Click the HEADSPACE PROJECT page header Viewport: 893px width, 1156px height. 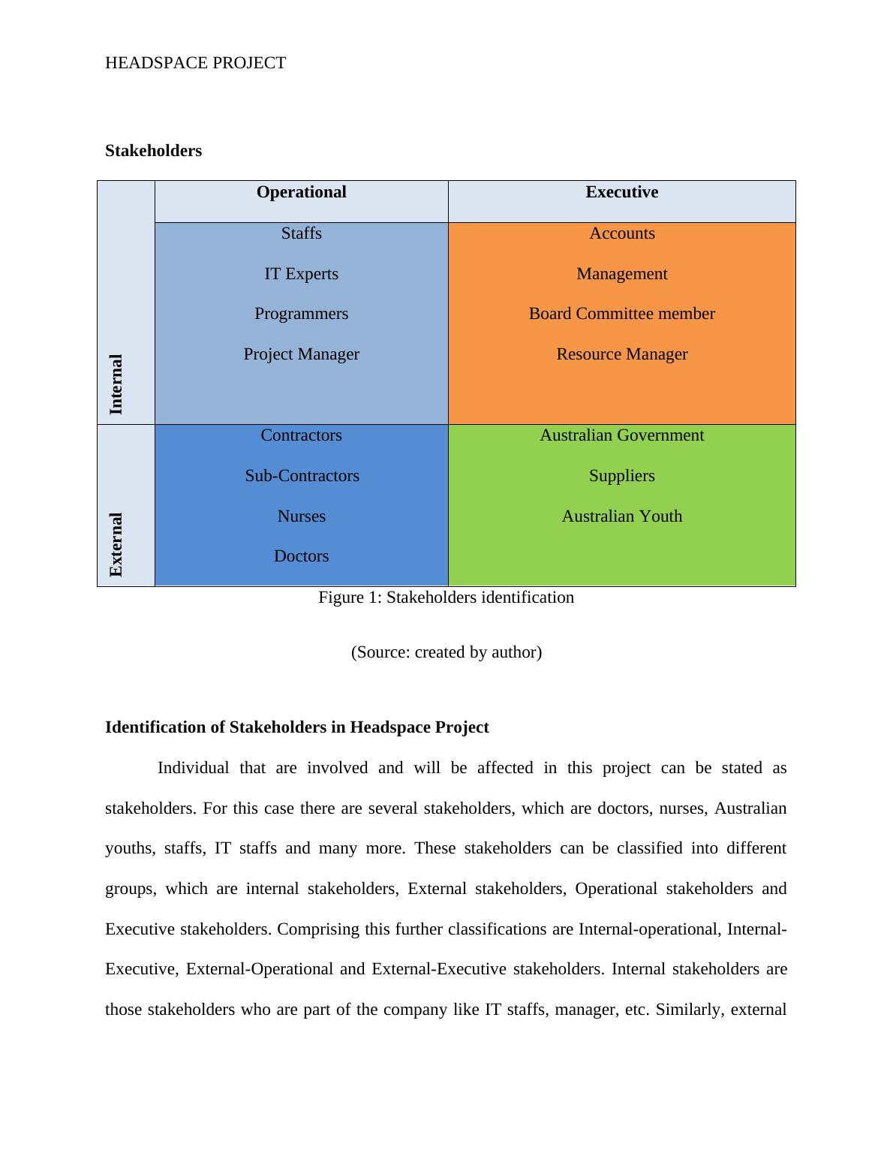[195, 63]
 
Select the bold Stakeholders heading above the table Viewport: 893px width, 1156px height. [153, 151]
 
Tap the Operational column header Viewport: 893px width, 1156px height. [301, 192]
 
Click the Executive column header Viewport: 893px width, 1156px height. [621, 192]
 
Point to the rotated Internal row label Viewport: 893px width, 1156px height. [116, 384]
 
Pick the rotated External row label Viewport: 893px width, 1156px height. [116, 544]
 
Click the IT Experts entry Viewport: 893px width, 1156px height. [301, 274]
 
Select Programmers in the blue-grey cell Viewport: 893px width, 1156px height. [301, 314]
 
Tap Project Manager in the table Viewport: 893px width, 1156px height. [301, 354]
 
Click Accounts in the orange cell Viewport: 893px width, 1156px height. [621, 233]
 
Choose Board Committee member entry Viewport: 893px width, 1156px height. [621, 314]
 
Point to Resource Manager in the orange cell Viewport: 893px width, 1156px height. [621, 354]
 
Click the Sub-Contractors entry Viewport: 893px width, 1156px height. [302, 476]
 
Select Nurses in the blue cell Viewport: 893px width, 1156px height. [301, 516]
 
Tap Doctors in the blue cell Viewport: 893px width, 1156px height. [301, 556]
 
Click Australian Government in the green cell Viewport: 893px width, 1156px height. [621, 435]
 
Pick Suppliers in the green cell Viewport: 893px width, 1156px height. [621, 476]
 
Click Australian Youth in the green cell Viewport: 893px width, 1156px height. [621, 516]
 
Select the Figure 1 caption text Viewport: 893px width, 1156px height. [446, 598]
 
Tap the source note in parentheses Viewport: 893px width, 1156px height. [446, 652]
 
